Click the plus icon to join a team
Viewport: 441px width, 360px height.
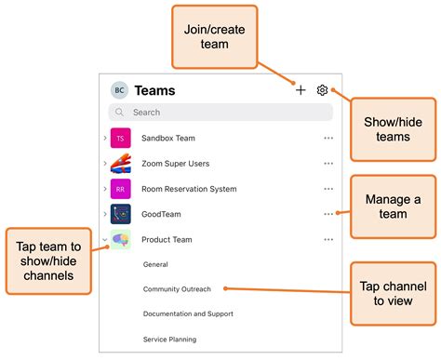301,90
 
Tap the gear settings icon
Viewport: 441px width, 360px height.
322,90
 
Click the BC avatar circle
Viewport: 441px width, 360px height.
119,90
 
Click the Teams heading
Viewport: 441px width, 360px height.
154,90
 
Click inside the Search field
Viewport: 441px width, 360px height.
223,113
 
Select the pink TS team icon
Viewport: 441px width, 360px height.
120,138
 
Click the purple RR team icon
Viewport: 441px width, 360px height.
120,189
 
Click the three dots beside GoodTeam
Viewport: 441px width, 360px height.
327,214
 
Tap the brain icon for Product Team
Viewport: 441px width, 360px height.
120,239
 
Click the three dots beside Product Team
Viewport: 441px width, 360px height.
327,239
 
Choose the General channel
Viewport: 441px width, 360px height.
155,264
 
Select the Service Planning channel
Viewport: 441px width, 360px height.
169,340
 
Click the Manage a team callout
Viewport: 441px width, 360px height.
392,207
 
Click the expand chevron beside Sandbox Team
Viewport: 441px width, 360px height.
105,138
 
